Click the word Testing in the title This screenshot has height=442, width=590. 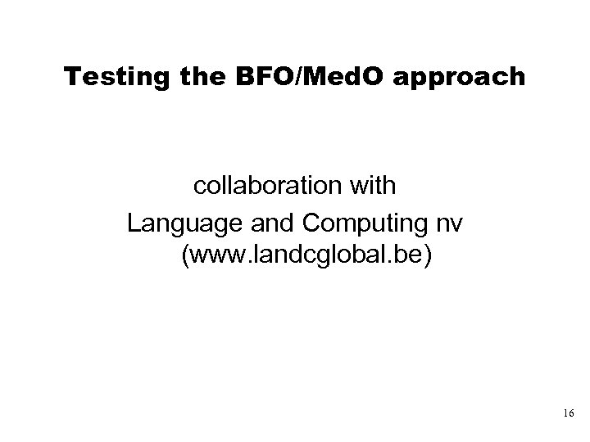click(x=107, y=77)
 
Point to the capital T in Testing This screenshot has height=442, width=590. click(x=71, y=77)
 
